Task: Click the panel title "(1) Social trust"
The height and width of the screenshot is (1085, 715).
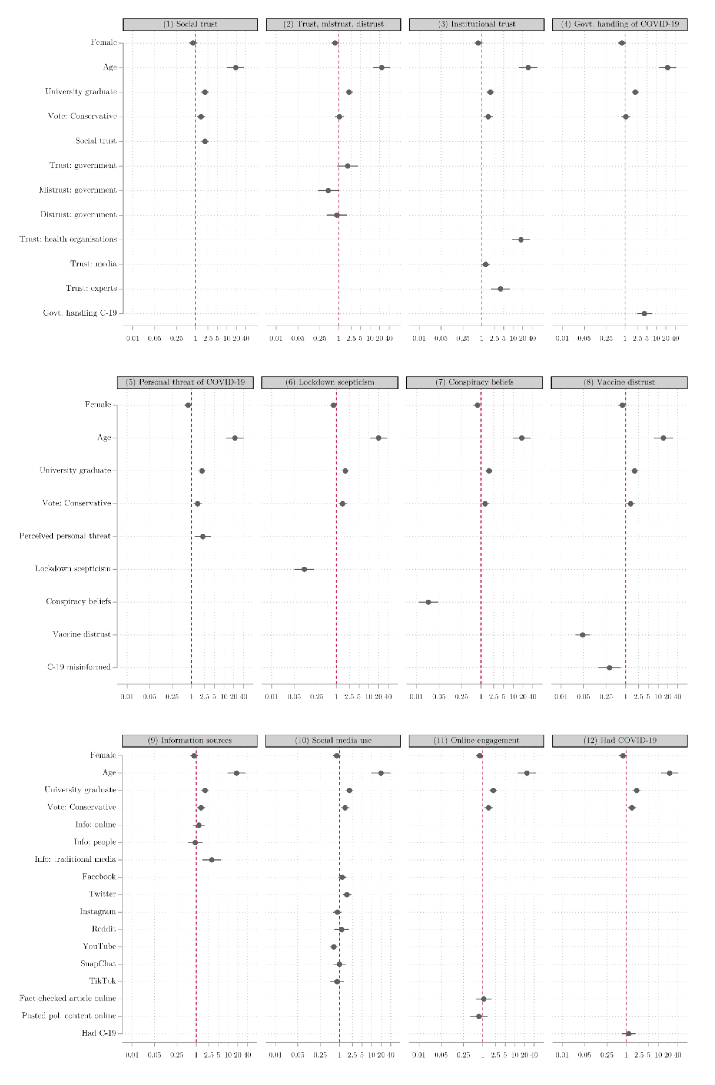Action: click(x=190, y=24)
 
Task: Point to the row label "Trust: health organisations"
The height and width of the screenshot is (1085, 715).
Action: click(x=68, y=239)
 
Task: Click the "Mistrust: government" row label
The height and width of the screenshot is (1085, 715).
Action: click(x=77, y=190)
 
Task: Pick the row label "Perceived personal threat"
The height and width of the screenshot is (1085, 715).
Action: click(x=65, y=536)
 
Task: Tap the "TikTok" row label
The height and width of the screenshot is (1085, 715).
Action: click(x=103, y=981)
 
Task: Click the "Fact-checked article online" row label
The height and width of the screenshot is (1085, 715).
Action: click(x=67, y=998)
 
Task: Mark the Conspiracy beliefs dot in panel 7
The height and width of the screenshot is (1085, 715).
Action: click(x=428, y=602)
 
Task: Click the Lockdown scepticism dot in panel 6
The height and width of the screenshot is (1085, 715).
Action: click(x=304, y=569)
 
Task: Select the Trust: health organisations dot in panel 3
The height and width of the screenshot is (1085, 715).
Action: click(x=521, y=240)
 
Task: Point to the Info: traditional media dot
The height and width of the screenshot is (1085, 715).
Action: click(x=212, y=860)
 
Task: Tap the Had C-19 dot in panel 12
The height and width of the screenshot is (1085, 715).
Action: click(x=628, y=1033)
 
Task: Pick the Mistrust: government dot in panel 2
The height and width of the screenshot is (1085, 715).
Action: click(x=328, y=190)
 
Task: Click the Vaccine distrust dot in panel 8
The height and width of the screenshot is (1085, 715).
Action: click(x=582, y=635)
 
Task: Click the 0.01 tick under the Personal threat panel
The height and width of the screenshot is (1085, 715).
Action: click(x=127, y=697)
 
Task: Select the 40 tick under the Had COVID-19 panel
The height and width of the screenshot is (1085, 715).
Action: click(x=678, y=1055)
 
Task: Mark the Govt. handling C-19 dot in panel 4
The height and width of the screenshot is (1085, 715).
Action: click(x=644, y=314)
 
